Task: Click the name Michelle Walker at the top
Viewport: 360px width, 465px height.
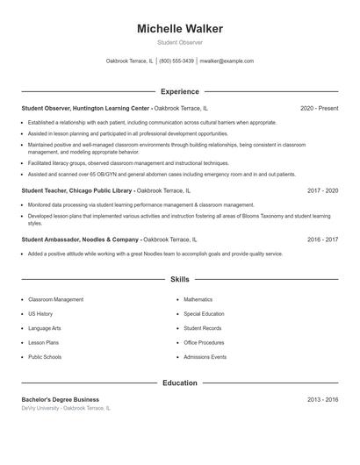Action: pyautogui.click(x=180, y=29)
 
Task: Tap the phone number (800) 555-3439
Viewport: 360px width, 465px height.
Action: pyautogui.click(x=176, y=61)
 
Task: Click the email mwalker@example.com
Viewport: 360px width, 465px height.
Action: pyautogui.click(x=227, y=61)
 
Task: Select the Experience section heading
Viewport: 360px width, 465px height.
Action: pyautogui.click(x=180, y=91)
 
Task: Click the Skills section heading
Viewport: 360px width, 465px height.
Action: pyautogui.click(x=180, y=280)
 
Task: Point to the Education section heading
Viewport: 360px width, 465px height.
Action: pyautogui.click(x=180, y=383)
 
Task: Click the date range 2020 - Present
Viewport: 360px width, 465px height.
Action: pyautogui.click(x=319, y=109)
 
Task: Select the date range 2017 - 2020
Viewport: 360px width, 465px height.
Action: pyautogui.click(x=322, y=190)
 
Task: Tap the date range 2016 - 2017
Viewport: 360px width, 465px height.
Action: pyautogui.click(x=322, y=239)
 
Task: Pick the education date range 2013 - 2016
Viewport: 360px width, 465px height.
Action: pyautogui.click(x=322, y=399)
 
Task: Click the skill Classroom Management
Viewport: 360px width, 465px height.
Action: pyautogui.click(x=55, y=300)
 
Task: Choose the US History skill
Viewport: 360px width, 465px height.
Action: pyautogui.click(x=40, y=314)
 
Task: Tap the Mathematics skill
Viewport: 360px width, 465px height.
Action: pyautogui.click(x=198, y=300)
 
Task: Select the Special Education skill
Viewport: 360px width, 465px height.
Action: pyautogui.click(x=204, y=314)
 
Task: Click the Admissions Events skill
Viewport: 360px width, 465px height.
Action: pyautogui.click(x=205, y=358)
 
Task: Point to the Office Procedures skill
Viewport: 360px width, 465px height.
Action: pyautogui.click(x=204, y=343)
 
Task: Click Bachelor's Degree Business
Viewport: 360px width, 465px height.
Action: pyautogui.click(x=61, y=399)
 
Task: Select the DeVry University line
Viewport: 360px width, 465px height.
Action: pyautogui.click(x=66, y=409)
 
